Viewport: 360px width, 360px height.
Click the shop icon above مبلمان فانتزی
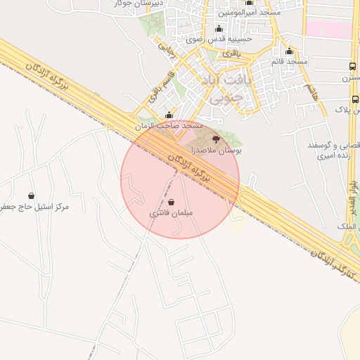pyautogui.click(x=172, y=202)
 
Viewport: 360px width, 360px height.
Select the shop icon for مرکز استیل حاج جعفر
pyautogui.click(x=31, y=195)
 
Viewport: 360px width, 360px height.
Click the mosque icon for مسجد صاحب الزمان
pyautogui.click(x=169, y=115)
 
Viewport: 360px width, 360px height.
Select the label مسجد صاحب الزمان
pyautogui.click(x=169, y=125)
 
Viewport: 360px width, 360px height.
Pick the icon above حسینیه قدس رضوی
pyautogui.click(x=219, y=29)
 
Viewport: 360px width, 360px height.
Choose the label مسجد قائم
pyautogui.click(x=290, y=62)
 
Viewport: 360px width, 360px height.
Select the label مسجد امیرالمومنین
pyautogui.click(x=250, y=12)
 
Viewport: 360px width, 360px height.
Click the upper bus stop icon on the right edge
pyautogui.click(x=352, y=67)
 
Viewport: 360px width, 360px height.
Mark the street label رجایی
pyautogui.click(x=165, y=49)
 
